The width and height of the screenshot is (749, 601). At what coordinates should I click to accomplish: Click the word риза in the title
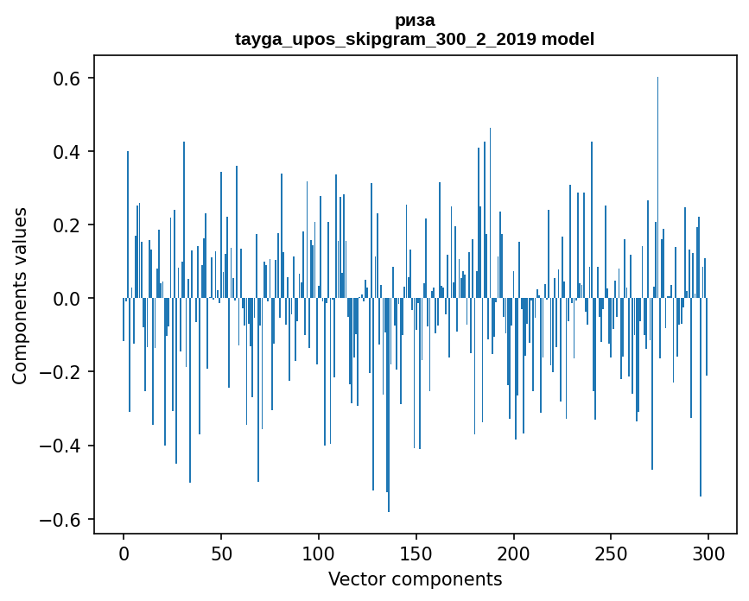(415, 21)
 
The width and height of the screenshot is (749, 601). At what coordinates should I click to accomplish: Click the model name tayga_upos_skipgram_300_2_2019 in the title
(385, 39)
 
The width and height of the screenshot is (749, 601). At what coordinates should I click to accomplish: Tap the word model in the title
(568, 38)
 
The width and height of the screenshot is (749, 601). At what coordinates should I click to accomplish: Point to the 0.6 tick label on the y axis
(67, 79)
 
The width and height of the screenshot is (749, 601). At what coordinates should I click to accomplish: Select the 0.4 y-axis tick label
(67, 152)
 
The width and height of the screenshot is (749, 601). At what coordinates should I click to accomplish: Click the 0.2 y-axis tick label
(67, 225)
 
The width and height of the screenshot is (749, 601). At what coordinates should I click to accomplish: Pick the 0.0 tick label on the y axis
(67, 299)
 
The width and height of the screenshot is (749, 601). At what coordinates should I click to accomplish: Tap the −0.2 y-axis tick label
(60, 372)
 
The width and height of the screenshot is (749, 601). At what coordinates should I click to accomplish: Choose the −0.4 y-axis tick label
(60, 446)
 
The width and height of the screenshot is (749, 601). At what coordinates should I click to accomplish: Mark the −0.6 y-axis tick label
(60, 519)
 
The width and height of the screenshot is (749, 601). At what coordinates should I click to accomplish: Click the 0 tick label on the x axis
(124, 554)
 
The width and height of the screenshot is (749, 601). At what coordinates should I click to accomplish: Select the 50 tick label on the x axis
(221, 554)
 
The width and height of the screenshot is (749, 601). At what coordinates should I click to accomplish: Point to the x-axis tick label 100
(319, 554)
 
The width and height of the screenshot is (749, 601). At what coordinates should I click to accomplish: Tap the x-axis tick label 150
(416, 554)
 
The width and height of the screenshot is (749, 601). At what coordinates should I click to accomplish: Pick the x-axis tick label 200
(513, 554)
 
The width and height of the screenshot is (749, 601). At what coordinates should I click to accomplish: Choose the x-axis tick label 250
(611, 554)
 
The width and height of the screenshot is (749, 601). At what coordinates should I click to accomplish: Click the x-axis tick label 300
(708, 554)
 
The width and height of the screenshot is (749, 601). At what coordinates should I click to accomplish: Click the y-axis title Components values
(20, 296)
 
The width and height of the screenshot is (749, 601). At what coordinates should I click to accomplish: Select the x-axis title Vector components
(415, 579)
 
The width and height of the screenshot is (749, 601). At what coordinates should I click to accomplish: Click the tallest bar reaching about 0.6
(657, 187)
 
